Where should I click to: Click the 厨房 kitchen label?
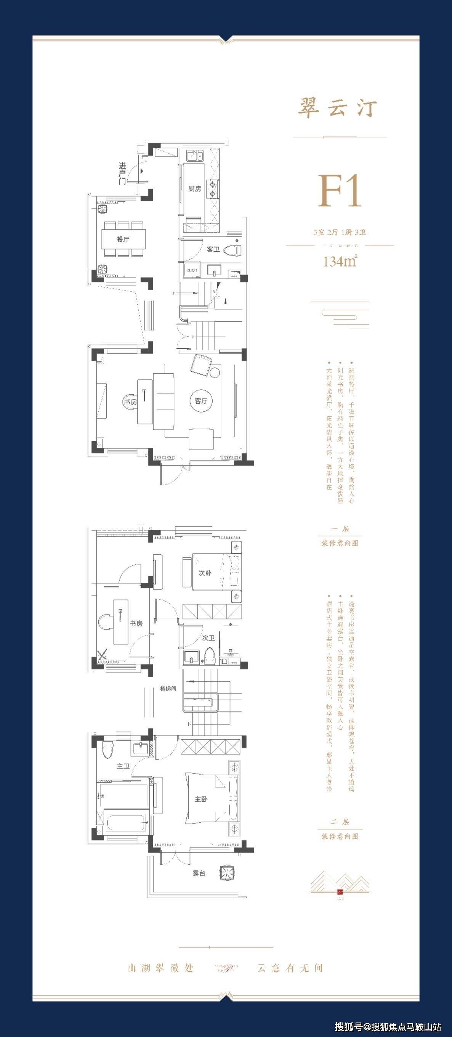pos(194,188)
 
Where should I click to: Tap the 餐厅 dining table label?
pos(123,239)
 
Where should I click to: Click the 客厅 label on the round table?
pos(201,401)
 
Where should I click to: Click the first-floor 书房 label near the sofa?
pos(130,402)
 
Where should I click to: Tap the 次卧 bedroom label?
pos(205,573)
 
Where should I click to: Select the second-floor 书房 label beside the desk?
pos(136,623)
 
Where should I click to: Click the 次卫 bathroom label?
pos(208,638)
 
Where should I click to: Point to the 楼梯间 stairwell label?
pos(168,689)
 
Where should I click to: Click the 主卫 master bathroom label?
pos(123,766)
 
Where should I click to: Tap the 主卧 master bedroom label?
pos(201,799)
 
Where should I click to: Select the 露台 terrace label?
pos(199,873)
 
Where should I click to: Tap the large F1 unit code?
pos(340,192)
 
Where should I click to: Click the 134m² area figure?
pos(340,262)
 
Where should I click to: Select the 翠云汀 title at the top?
pos(337,108)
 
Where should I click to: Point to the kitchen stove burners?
pos(212,189)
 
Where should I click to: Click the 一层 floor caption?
pos(340,529)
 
